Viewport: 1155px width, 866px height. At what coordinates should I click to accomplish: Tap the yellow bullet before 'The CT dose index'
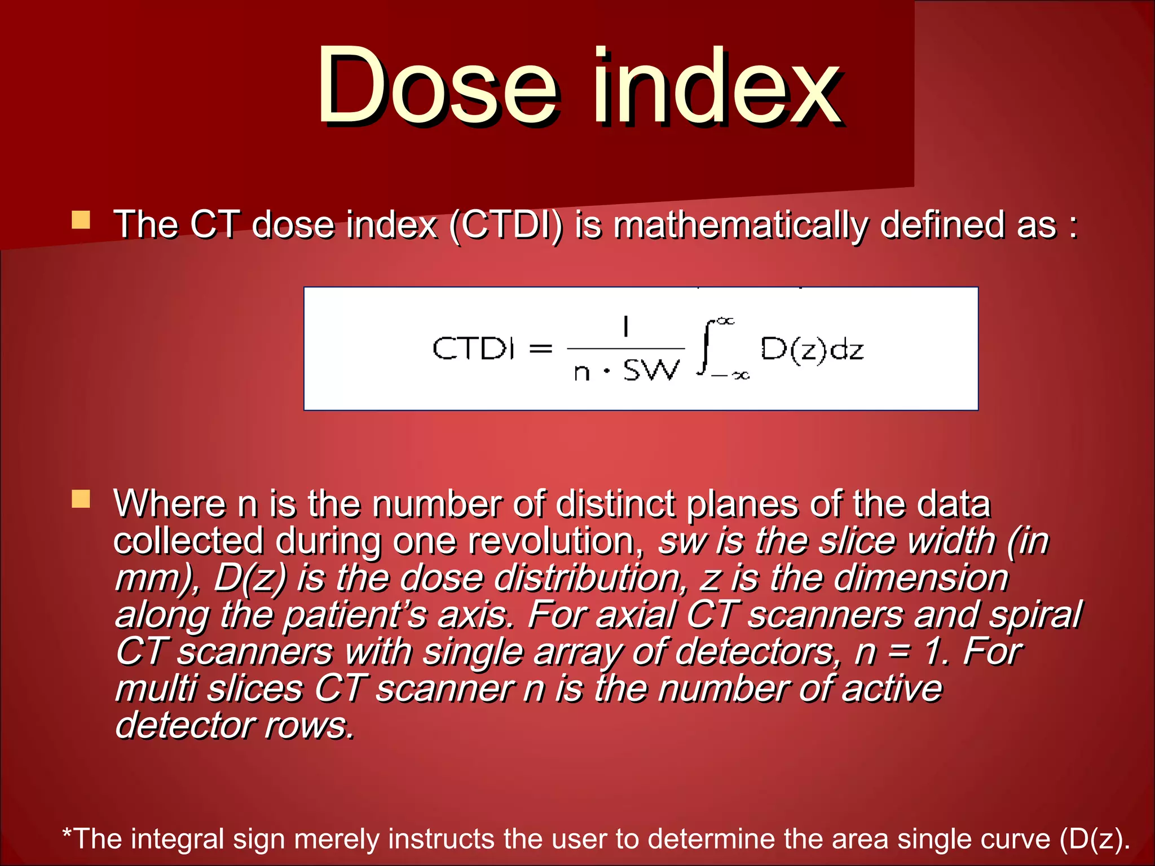point(81,220)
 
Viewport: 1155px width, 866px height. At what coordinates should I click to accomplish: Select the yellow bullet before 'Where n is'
point(81,498)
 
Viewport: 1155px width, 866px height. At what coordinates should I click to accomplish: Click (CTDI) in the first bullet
point(506,226)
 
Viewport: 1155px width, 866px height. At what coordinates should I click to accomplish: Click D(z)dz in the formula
point(812,349)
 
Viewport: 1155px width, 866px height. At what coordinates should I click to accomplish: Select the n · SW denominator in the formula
point(626,372)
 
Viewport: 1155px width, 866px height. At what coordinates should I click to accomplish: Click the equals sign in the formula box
point(540,349)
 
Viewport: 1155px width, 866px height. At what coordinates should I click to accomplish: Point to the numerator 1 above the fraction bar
point(625,326)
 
